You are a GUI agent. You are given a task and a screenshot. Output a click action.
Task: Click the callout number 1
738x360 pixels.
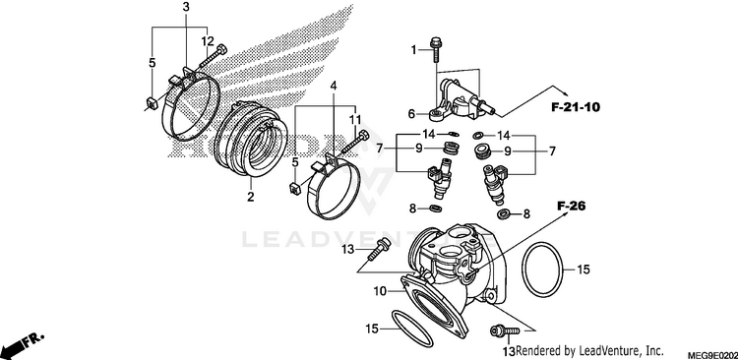414,49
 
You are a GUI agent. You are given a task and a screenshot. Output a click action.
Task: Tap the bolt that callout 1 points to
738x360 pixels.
435,49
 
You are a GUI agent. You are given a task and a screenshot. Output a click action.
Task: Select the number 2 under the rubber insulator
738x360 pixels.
250,196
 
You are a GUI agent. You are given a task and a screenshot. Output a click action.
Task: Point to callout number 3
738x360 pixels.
186,7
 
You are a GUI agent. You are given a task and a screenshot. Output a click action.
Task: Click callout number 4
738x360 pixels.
334,86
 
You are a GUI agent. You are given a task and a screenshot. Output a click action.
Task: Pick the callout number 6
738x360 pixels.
411,114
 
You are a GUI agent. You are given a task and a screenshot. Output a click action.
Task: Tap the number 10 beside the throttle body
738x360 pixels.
380,291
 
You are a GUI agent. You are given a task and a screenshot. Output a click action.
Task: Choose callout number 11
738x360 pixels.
355,120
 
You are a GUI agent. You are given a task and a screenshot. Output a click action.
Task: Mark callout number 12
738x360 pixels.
208,41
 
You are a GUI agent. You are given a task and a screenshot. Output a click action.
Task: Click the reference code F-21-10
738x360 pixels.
576,107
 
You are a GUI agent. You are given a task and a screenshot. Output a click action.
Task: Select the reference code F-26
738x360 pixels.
571,206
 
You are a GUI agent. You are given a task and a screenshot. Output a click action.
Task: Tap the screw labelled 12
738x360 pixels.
215,56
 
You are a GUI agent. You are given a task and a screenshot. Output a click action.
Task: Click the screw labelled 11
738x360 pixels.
355,143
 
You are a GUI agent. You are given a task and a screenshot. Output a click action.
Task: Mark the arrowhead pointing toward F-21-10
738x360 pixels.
561,90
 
